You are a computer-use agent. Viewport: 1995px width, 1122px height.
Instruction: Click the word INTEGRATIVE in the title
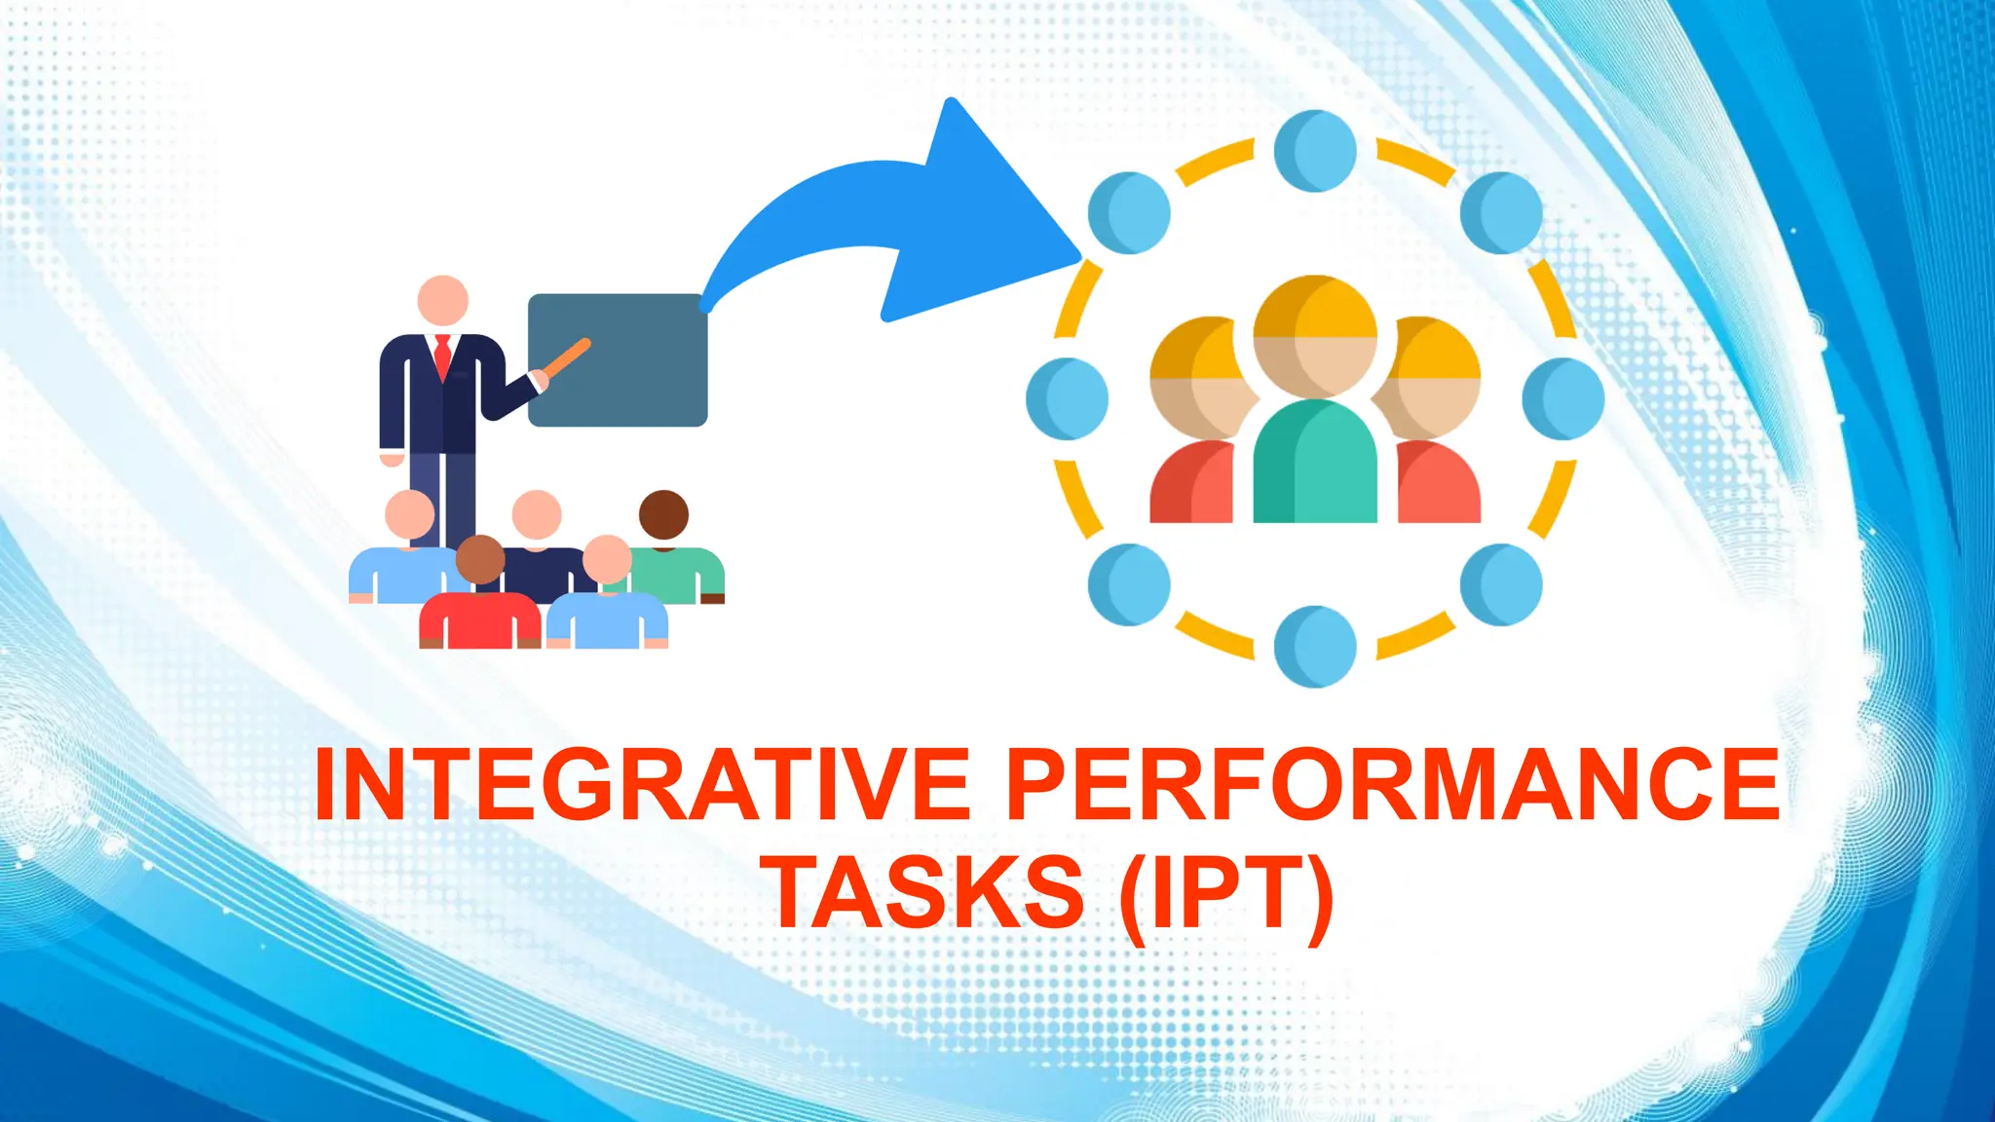click(642, 785)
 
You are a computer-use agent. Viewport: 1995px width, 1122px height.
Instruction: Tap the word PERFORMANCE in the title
click(1393, 785)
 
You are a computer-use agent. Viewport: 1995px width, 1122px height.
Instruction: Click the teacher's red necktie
click(443, 356)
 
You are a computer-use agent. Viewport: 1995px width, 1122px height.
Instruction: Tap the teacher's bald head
click(443, 300)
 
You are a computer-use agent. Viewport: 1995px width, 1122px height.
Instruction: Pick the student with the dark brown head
click(664, 515)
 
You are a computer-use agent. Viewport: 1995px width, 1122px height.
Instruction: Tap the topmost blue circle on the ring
click(1315, 151)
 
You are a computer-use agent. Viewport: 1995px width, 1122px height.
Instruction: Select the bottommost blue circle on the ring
click(1315, 646)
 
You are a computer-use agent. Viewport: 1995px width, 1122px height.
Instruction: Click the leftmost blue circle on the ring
click(1068, 398)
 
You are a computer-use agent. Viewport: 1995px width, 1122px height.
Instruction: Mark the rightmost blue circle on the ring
click(1563, 398)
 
